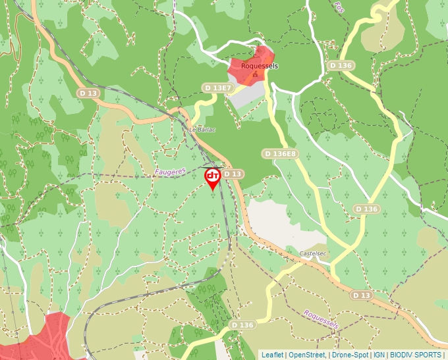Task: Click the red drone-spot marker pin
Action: [213, 178]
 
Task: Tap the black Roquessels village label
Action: [260, 66]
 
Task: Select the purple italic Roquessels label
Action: [321, 320]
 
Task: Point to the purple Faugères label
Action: [171, 171]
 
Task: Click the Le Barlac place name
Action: [202, 130]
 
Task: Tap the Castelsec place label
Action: [314, 253]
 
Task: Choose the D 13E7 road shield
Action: [217, 88]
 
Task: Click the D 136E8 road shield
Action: [280, 153]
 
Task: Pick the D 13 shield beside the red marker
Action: [233, 174]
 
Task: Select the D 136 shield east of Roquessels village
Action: [341, 66]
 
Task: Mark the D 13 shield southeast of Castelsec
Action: [362, 296]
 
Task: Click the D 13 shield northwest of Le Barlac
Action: [88, 93]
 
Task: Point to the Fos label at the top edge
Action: [339, 7]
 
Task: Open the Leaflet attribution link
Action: [272, 355]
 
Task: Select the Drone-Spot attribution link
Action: [349, 355]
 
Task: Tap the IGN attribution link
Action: [379, 355]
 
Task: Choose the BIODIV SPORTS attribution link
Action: [415, 355]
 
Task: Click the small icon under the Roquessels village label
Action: [255, 74]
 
